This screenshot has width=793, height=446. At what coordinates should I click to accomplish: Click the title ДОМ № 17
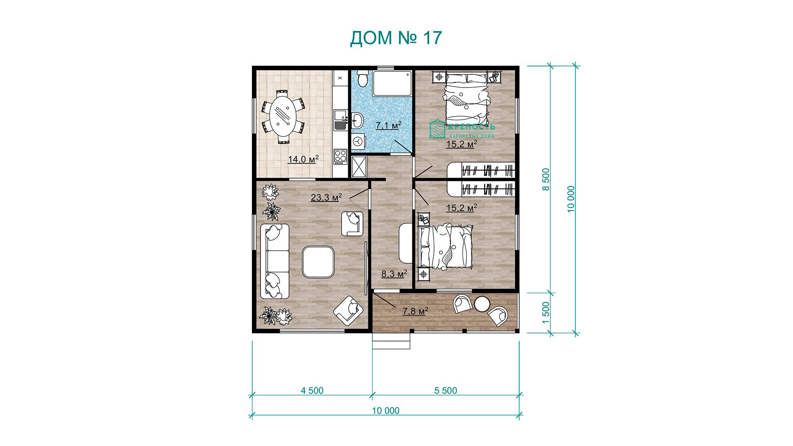[396, 38]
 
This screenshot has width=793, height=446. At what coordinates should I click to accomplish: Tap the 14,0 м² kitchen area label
[303, 159]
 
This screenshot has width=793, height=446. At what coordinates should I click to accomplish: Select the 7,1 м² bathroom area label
[388, 125]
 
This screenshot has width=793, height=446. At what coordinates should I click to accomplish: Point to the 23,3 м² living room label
[326, 197]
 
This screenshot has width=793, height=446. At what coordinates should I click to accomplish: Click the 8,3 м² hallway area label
[394, 273]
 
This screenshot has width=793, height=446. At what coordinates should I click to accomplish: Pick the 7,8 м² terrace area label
[415, 311]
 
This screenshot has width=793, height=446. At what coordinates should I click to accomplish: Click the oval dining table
[283, 119]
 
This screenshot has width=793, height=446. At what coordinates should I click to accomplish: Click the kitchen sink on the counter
[340, 120]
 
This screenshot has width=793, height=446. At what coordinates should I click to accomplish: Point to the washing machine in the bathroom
[358, 141]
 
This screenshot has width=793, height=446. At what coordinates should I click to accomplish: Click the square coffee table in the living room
[318, 262]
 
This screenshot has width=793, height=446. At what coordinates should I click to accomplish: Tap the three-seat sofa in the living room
[275, 261]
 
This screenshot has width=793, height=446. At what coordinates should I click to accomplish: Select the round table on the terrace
[482, 304]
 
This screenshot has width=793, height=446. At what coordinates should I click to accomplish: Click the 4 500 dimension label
[312, 391]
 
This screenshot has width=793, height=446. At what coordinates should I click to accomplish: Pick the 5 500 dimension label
[446, 391]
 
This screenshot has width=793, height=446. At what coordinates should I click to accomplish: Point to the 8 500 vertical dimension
[546, 179]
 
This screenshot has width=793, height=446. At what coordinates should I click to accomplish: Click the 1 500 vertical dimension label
[546, 313]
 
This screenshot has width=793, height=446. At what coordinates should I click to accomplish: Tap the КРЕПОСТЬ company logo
[462, 129]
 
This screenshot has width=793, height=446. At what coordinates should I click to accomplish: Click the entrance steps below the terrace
[392, 342]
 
